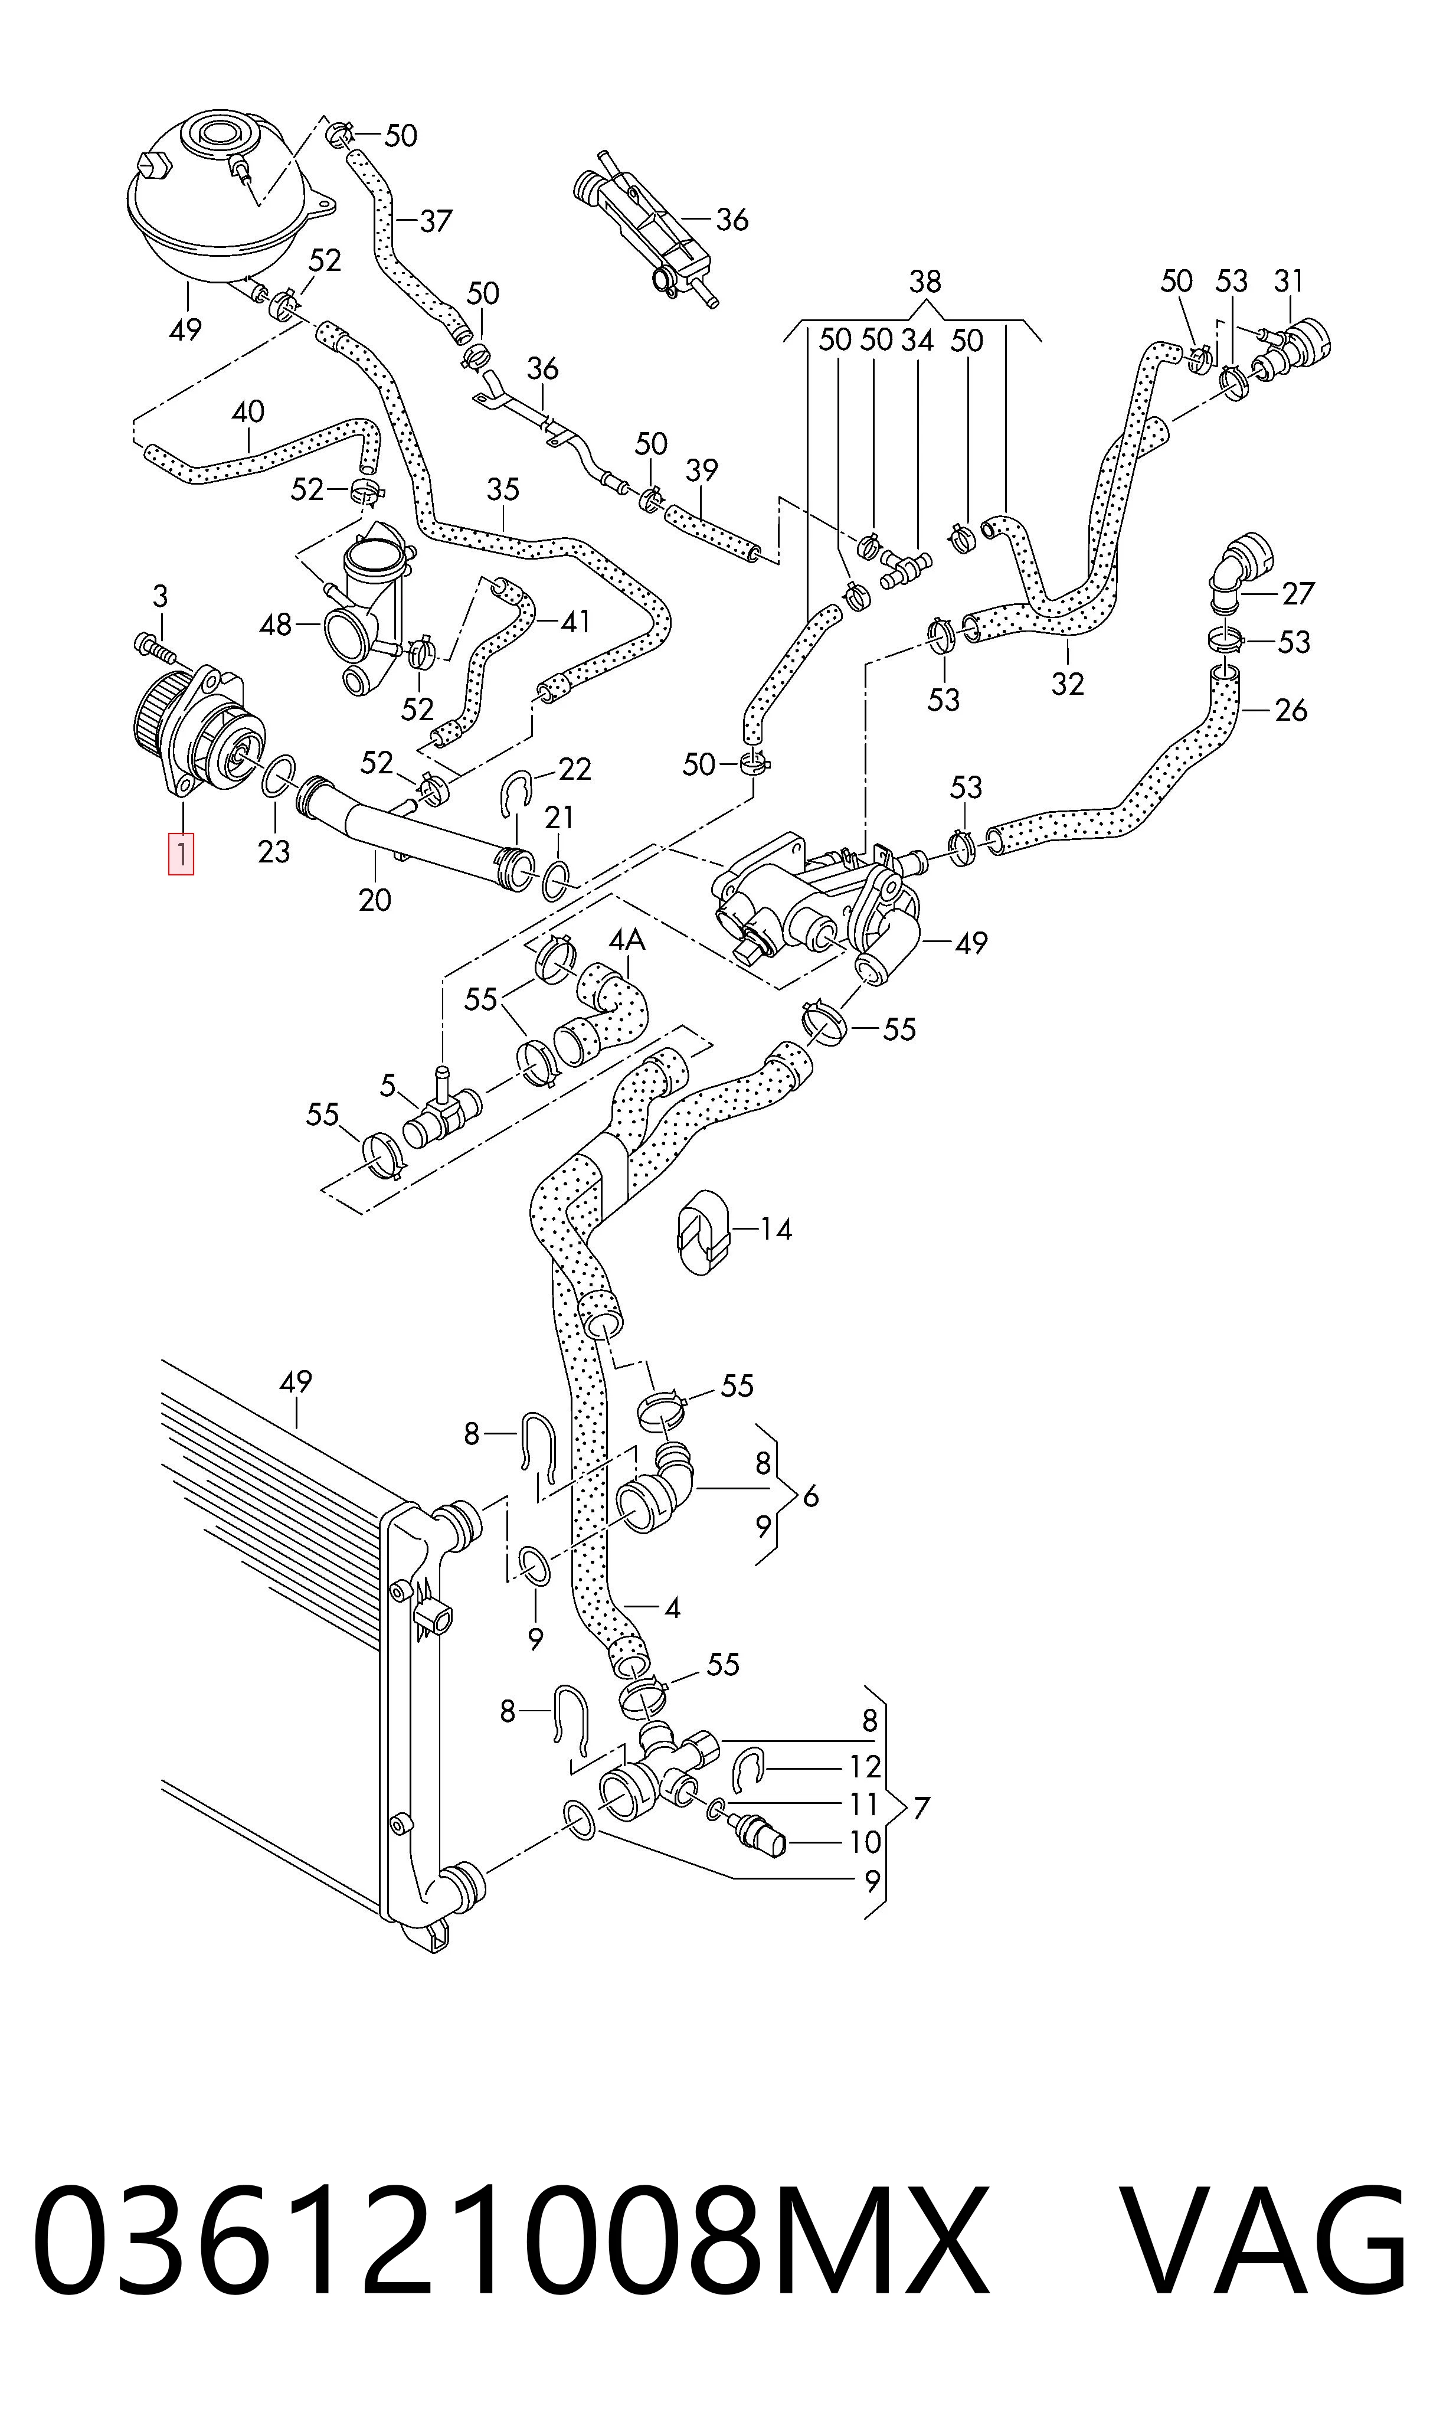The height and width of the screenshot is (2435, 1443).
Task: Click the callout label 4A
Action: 627,940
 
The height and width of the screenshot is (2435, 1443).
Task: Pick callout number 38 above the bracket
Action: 925,282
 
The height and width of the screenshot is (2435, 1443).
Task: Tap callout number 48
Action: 276,625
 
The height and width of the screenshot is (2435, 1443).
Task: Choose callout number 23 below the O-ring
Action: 274,852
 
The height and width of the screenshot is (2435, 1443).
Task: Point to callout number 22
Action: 575,769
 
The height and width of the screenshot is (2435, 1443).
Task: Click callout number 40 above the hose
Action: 248,412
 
